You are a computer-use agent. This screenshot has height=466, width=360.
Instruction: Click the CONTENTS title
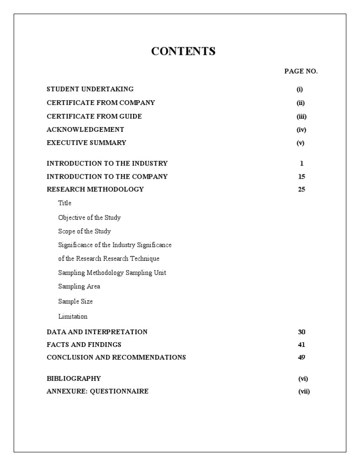(x=183, y=52)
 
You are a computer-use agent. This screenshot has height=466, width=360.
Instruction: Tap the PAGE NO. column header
(x=301, y=71)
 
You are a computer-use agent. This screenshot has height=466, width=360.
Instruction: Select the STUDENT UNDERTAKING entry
(x=90, y=89)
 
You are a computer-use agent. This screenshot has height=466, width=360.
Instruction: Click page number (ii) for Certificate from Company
(x=300, y=103)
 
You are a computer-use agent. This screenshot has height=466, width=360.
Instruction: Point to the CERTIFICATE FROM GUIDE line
(x=94, y=116)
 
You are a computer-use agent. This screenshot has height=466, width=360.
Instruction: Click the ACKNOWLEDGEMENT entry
(x=85, y=129)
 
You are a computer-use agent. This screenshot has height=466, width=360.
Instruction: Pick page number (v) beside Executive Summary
(x=300, y=143)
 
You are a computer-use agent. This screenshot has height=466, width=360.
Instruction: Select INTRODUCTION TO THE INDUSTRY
(x=107, y=164)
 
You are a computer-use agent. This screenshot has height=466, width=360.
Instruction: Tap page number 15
(x=301, y=177)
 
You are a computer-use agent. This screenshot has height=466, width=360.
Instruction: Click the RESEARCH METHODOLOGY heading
(x=95, y=189)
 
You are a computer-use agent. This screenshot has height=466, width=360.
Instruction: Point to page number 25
(x=301, y=190)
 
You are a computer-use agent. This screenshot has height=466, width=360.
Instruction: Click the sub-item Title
(x=65, y=203)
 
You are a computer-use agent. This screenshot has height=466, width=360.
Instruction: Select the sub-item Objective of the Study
(x=89, y=218)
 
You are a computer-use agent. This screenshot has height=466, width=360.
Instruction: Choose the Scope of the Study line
(x=84, y=231)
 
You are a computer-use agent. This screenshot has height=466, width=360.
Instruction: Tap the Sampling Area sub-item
(x=79, y=286)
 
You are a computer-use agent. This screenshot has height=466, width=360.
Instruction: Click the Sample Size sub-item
(x=75, y=301)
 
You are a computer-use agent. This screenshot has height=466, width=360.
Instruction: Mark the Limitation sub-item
(x=73, y=316)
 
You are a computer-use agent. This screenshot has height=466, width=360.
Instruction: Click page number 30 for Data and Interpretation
(x=301, y=332)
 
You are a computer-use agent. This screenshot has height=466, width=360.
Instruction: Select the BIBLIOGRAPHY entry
(x=74, y=378)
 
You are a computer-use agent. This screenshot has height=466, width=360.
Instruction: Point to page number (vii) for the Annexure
(x=304, y=391)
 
